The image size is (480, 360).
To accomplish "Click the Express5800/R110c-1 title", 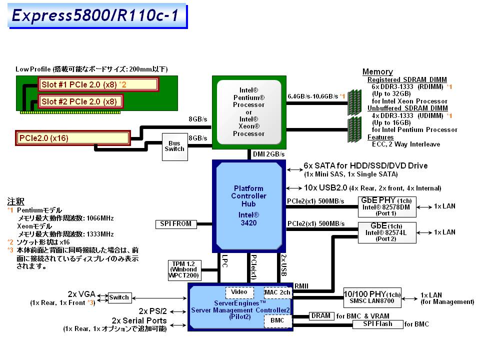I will point(95,16).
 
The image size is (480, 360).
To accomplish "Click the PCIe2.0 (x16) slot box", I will point(73,138).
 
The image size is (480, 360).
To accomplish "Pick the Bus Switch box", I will point(174,146).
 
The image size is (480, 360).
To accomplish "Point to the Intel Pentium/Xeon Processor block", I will point(248,112).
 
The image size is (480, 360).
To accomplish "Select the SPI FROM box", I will point(176,224).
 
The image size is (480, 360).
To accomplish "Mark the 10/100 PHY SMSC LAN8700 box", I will point(372,297).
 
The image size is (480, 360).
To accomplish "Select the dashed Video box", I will point(239,292).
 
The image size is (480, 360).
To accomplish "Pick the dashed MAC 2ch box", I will point(277,292).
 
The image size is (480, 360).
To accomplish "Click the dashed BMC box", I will point(277,320).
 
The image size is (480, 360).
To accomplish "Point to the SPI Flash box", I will point(377,324).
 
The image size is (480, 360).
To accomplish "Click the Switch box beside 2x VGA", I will point(119,297).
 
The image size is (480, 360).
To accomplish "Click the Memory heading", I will point(377,71).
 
